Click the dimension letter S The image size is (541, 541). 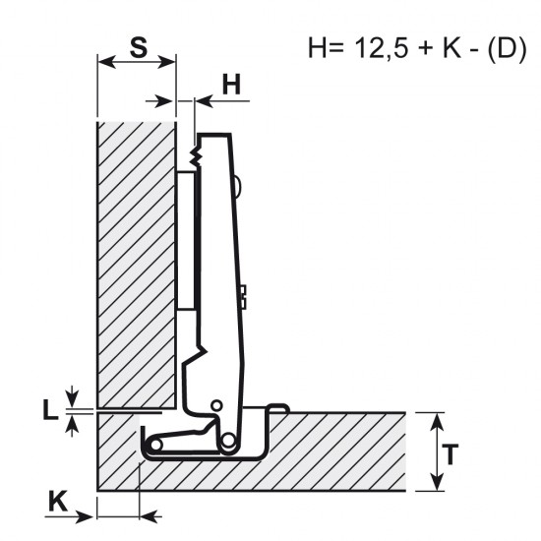pos(139,47)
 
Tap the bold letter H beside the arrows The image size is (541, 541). pos(231,85)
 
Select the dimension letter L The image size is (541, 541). pos(50,409)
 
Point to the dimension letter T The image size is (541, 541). pos(450,454)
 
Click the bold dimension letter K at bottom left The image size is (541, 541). pos(58,502)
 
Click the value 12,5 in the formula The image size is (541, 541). pos(382,47)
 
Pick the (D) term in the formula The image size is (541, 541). pos(508,48)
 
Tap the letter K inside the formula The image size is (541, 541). pos(451,47)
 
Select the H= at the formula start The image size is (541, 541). pos(326,47)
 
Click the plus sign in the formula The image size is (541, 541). pos(425,48)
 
